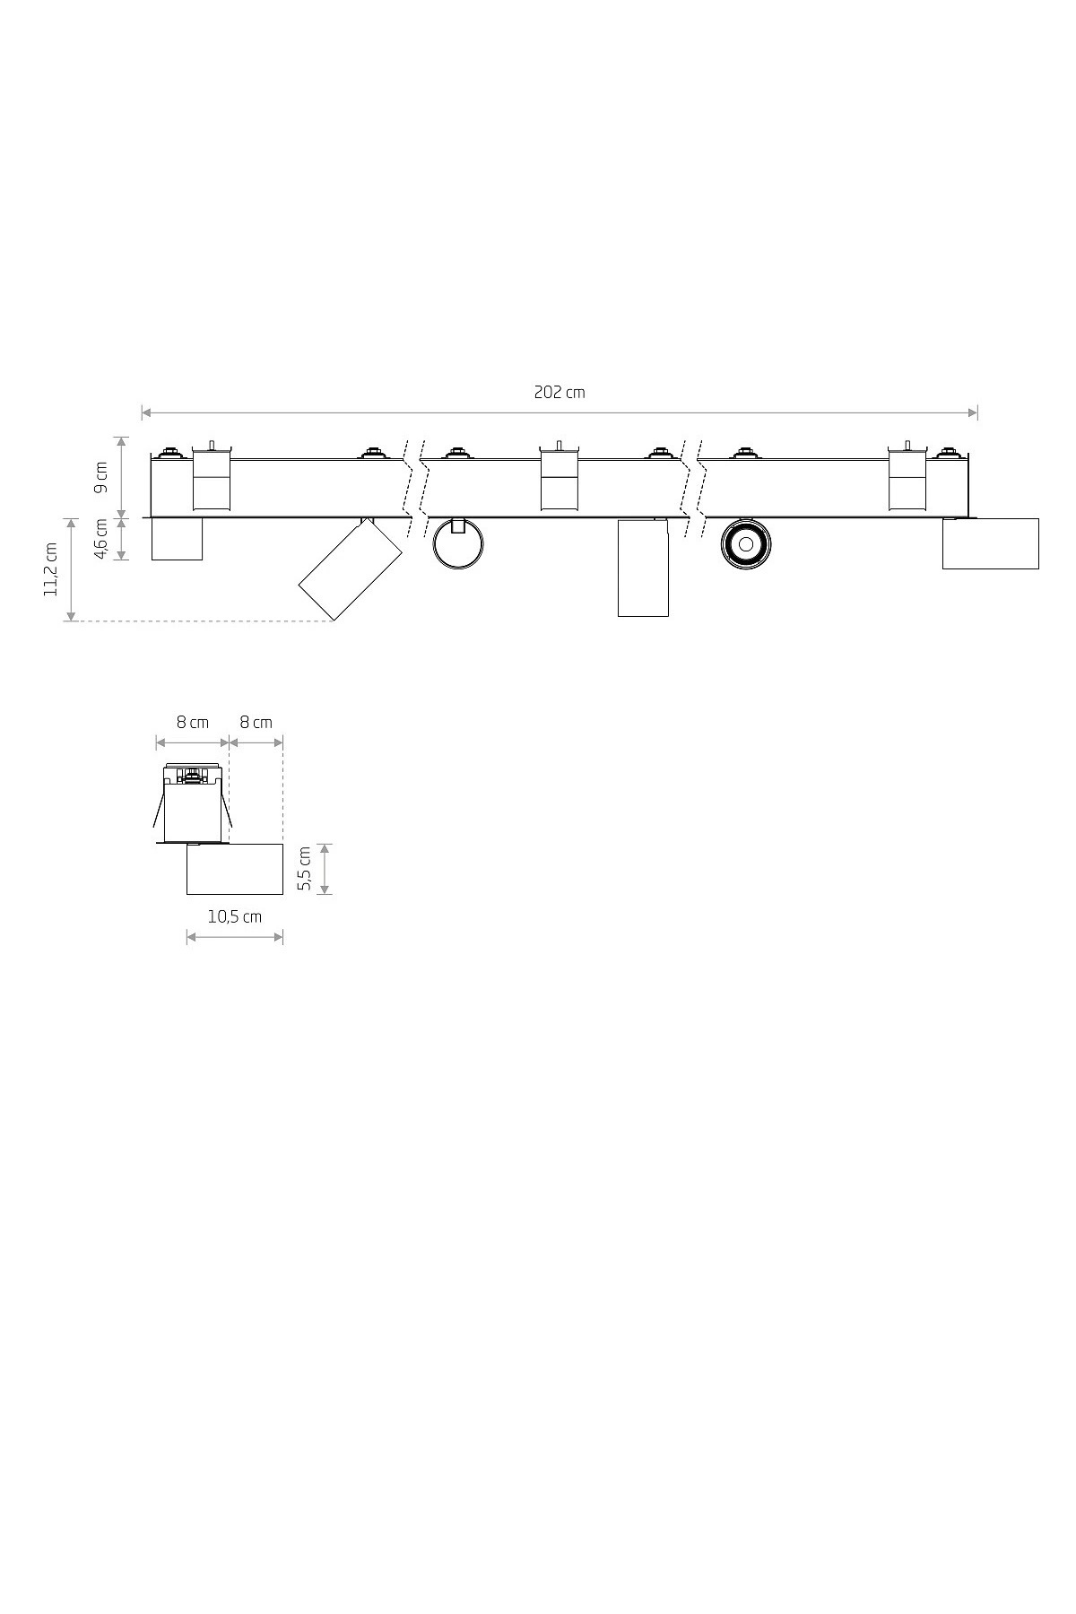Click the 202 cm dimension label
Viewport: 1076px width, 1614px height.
[560, 392]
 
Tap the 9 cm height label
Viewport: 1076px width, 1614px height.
[101, 477]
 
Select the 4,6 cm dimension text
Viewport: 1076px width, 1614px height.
[101, 539]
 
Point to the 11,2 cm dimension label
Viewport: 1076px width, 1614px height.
[50, 568]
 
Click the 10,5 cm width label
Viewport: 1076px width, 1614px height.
[235, 916]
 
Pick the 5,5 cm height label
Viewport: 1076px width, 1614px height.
[305, 869]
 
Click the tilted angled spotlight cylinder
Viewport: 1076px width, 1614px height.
[350, 570]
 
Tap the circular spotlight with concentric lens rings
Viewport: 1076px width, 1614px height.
[745, 543]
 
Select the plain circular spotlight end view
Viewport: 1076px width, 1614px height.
[458, 544]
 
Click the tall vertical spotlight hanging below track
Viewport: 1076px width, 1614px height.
[643, 568]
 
